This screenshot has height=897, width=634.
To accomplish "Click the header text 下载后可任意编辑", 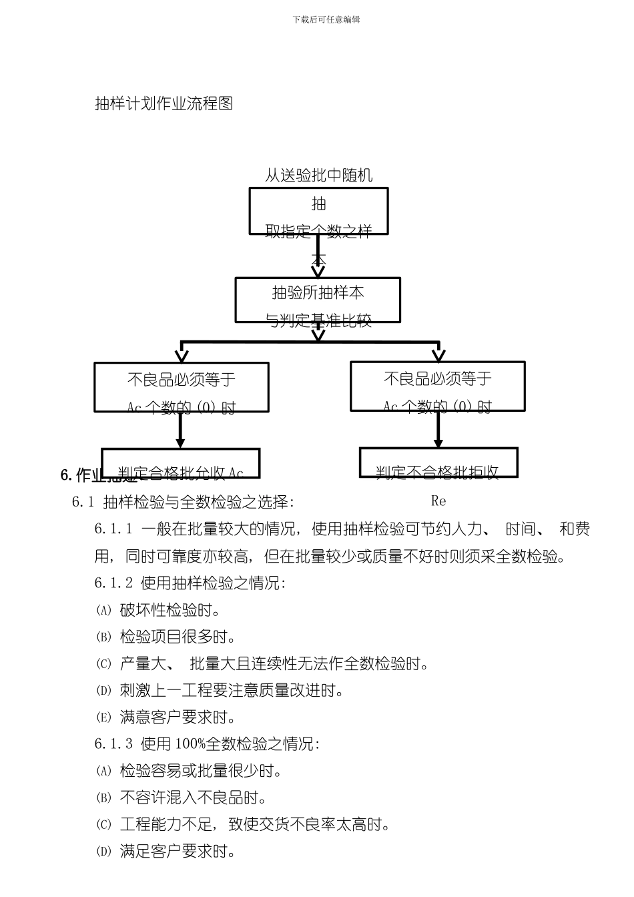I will click(326, 20).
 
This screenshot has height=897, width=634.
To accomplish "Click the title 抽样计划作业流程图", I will click(164, 103).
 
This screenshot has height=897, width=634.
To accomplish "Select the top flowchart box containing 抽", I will click(318, 210).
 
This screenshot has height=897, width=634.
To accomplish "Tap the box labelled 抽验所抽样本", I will click(318, 300).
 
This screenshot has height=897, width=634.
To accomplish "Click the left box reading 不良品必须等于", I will click(181, 387).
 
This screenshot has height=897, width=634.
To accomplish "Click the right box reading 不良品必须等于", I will click(437, 386).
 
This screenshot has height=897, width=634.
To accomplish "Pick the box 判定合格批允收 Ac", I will click(180, 464).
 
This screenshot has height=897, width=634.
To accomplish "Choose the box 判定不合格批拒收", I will click(438, 463).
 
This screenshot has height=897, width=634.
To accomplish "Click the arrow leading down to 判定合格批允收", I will click(180, 430).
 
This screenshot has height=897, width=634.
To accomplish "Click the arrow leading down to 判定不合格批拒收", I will click(438, 430).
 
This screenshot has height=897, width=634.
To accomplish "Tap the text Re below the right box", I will click(438, 501).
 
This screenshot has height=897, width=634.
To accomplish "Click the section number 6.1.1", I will click(113, 529).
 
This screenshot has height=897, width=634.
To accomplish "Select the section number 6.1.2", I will click(113, 583).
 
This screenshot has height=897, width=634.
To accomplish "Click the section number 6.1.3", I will click(113, 743).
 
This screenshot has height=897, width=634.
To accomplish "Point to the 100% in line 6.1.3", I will click(190, 743).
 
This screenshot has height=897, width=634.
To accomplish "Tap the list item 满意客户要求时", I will click(178, 717).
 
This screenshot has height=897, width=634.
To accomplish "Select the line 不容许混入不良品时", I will click(194, 798).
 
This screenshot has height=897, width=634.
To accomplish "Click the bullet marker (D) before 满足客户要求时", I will click(103, 852).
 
